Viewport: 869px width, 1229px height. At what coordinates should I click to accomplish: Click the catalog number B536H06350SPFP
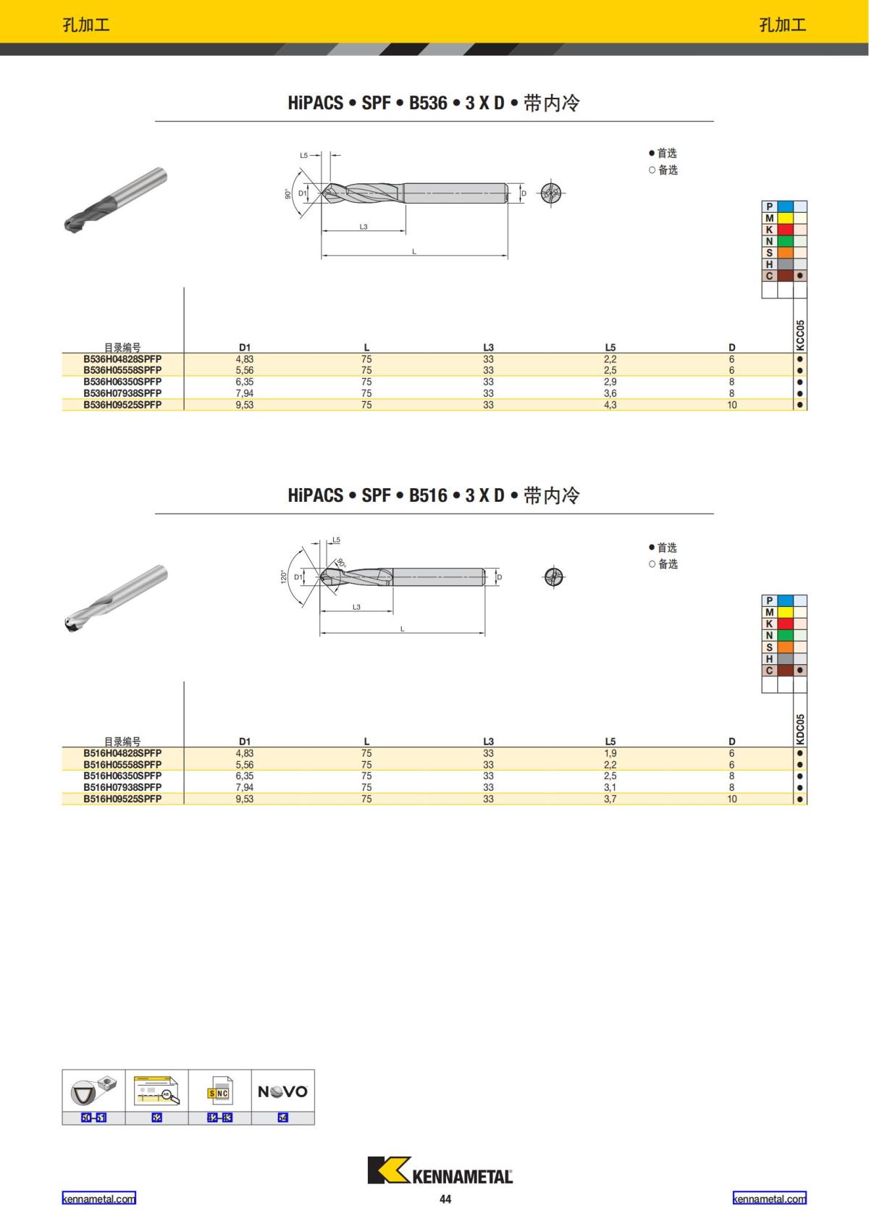coord(122,382)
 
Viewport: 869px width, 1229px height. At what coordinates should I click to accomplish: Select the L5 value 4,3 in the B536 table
coord(610,405)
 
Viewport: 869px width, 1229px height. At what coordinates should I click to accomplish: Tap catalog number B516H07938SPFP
coord(122,787)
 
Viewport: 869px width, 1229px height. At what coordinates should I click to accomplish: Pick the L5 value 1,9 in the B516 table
coord(610,753)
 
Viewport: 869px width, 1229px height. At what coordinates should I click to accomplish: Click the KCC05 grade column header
coord(800,335)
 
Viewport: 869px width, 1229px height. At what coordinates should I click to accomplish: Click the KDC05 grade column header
coord(800,729)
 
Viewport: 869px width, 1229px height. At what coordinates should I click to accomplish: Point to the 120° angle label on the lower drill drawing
coord(284,576)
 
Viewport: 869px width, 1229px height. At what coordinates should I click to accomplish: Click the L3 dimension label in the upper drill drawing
coord(364,227)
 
